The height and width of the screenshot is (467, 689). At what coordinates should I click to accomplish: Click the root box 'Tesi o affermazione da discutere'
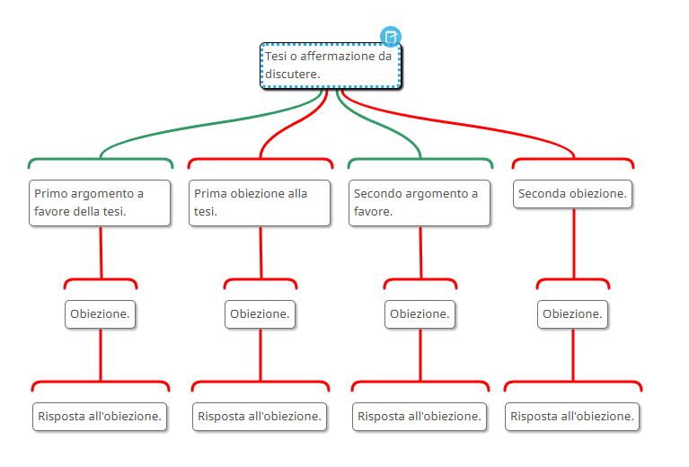[331, 66]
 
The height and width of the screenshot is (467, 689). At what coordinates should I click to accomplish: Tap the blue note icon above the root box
[391, 37]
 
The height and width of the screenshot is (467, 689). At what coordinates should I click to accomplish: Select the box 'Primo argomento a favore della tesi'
[100, 202]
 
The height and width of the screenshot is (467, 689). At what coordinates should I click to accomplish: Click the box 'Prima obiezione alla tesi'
[260, 202]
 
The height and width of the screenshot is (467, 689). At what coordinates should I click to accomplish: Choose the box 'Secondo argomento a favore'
[420, 202]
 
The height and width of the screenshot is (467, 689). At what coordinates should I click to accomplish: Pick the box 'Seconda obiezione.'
[573, 194]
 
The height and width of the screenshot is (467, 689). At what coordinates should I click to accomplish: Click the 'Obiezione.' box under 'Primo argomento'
[100, 314]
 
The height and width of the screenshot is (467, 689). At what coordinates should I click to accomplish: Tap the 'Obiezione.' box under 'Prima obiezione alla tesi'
[260, 314]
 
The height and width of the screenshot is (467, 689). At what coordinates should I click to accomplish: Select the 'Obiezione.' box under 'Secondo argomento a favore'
[420, 314]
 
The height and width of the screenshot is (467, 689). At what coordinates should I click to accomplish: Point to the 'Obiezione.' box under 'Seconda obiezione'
[573, 314]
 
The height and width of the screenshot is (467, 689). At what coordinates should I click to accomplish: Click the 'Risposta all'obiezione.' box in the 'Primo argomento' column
[100, 417]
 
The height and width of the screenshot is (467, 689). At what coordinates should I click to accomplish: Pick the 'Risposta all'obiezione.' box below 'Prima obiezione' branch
[260, 417]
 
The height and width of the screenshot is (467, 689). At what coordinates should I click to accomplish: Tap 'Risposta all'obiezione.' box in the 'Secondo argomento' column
[420, 417]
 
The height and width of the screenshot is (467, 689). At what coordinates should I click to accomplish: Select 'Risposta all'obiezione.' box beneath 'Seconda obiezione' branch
[573, 417]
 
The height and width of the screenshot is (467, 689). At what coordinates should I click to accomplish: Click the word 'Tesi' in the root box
[275, 57]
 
